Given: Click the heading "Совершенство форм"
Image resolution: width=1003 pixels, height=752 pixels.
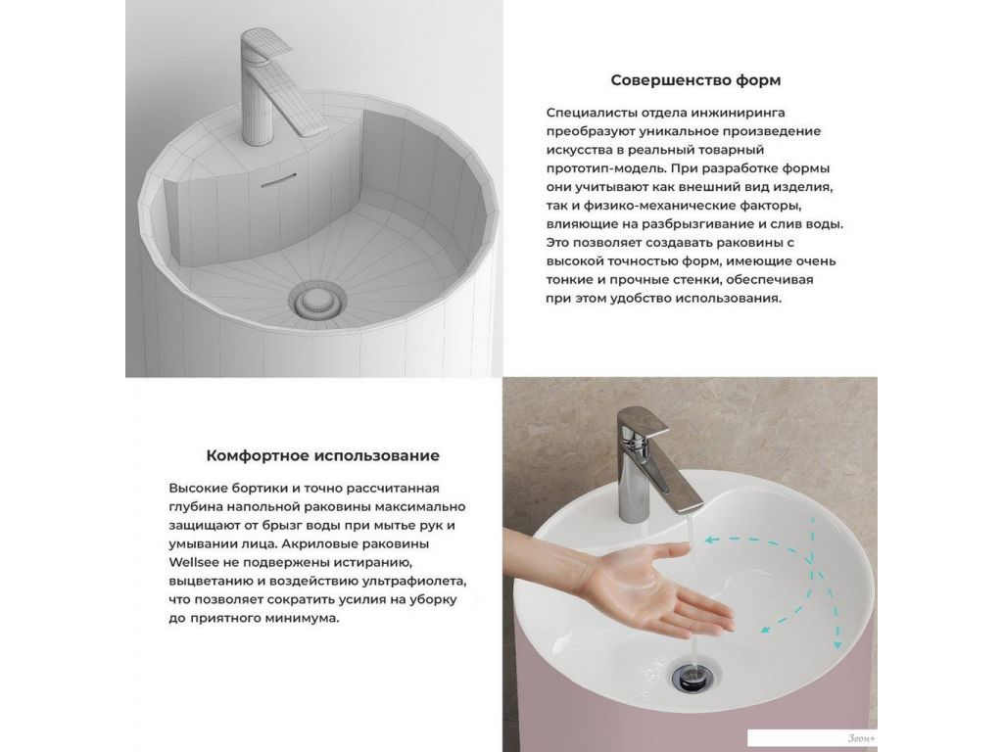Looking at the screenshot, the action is point(695,80).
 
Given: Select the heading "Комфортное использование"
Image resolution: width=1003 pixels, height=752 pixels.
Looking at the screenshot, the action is point(322,456).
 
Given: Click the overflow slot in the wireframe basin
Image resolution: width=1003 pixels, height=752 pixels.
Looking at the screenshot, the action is point(279,179).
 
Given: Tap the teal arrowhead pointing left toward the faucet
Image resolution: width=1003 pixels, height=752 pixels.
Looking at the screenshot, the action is point(711,540).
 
